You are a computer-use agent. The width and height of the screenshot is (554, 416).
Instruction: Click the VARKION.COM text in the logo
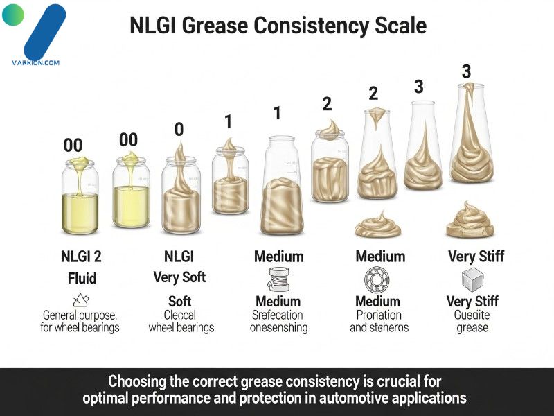tap(35, 62)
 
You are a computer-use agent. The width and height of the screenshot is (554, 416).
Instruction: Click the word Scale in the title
tap(397, 26)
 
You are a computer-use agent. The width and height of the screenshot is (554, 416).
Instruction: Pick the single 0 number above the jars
tap(179, 129)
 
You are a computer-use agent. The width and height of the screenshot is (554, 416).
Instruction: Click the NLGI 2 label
tap(81, 257)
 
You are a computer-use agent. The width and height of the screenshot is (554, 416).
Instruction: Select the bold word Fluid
tap(81, 279)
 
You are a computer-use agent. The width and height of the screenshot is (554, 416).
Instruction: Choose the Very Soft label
tap(180, 278)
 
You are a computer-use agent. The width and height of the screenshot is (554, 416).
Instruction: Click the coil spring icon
tap(278, 279)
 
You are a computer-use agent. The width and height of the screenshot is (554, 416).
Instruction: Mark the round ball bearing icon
tap(378, 279)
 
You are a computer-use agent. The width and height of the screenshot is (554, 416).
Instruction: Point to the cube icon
tap(473, 279)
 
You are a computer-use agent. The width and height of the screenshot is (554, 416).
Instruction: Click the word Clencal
tap(181, 314)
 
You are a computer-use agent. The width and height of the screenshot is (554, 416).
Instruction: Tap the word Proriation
tap(379, 314)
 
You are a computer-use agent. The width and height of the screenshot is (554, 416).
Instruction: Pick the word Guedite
tap(473, 314)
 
